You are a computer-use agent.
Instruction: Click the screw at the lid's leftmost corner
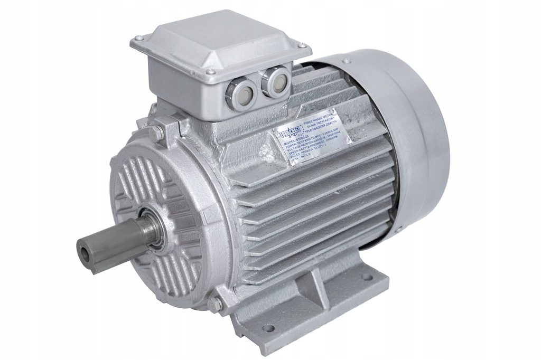pos(138,38)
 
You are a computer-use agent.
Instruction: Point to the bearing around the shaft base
pos(154,228)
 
